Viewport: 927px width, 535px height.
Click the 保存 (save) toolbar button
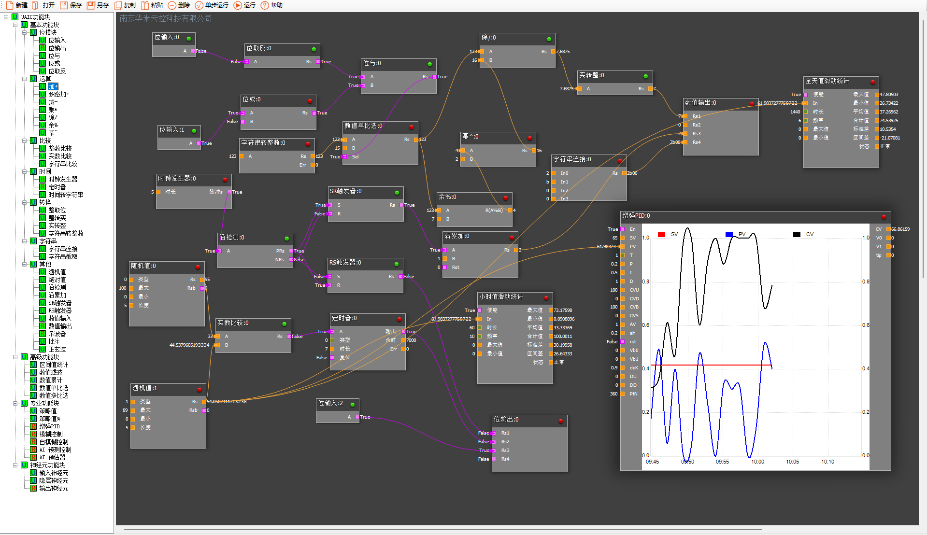point(71,5)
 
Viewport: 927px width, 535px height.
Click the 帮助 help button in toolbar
point(271,5)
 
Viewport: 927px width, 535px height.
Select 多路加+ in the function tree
point(58,94)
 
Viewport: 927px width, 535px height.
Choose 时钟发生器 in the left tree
point(62,179)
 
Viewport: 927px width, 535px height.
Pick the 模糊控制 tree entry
point(51,434)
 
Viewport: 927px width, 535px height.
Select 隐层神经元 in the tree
point(54,480)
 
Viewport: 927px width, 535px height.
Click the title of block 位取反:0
point(259,48)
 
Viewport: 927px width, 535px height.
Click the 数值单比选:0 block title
point(363,126)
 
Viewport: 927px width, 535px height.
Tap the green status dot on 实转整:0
point(645,76)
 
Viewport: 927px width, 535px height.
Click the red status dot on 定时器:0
point(399,319)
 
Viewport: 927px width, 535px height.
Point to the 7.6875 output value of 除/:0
point(562,52)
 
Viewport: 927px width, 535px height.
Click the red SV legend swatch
point(661,235)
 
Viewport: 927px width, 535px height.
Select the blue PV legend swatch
point(729,235)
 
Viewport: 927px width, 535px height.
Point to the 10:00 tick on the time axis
point(757,462)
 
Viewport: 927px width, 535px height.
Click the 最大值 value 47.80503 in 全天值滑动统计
point(888,95)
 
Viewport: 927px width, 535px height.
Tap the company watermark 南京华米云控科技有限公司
point(166,19)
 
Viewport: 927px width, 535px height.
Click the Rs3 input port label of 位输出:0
point(505,451)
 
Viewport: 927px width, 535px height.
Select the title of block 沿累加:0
point(456,236)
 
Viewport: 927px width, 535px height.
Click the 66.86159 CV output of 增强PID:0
point(900,229)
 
